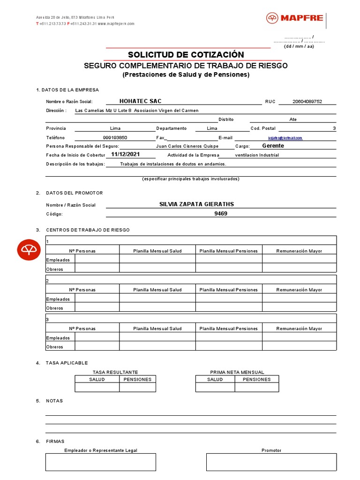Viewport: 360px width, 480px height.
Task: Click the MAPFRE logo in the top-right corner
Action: pos(295,18)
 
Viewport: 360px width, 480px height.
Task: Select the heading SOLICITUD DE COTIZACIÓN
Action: pos(186,55)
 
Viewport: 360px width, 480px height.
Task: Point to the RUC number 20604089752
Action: pos(307,102)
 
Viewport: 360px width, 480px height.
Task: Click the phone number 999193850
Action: pos(115,138)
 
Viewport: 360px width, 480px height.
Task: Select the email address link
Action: pos(285,138)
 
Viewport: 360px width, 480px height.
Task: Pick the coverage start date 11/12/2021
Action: pos(125,154)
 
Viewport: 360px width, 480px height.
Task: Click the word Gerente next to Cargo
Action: pos(273,146)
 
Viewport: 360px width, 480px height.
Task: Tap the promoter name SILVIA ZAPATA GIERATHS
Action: pos(196,204)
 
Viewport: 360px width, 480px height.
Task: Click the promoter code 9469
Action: pos(221,214)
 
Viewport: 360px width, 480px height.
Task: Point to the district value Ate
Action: pos(293,120)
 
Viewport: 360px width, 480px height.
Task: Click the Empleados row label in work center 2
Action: pos(58,299)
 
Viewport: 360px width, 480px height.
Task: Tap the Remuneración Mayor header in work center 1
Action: pos(299,251)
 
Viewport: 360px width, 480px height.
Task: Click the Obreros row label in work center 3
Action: pos(54,347)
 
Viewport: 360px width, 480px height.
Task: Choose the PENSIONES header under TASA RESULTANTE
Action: pos(137,379)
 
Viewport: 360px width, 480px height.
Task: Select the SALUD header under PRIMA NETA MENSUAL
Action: pos(215,379)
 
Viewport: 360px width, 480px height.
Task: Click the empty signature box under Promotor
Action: pos(271,462)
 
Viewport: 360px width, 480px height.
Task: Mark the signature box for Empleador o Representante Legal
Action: pos(101,462)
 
